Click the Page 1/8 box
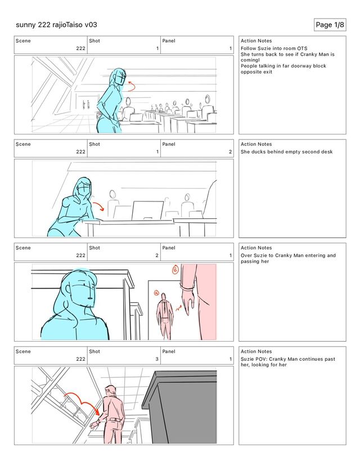tap(330, 25)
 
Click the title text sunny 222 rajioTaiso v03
tap(56, 25)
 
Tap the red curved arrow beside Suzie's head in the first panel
tap(131, 86)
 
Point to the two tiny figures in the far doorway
tap(86, 104)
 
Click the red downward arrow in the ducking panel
tap(99, 205)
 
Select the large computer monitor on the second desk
tap(147, 210)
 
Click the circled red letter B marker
tap(175, 269)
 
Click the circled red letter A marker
tap(156, 293)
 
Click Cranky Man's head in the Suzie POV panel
tap(110, 391)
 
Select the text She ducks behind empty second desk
tap(287, 151)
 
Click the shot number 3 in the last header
tap(157, 359)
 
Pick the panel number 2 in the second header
tap(230, 151)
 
